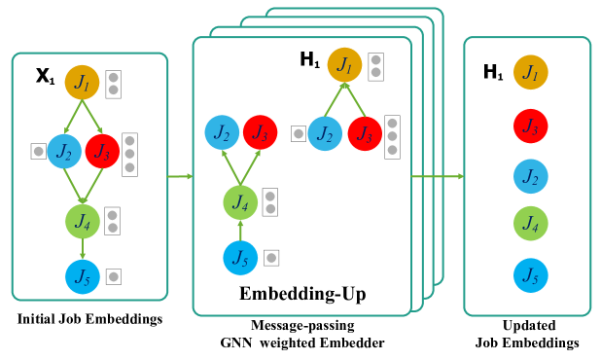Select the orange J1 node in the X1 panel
pos(83,82)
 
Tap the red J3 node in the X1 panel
pos(102,151)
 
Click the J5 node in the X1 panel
pos(83,277)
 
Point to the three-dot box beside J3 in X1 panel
pos(129,154)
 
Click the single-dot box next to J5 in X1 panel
pos(114,276)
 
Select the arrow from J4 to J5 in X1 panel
pos(83,248)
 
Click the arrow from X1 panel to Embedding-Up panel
pos(180,176)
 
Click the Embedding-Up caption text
pos(302,294)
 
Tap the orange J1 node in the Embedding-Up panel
pos(344,65)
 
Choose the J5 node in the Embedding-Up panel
pos(240,258)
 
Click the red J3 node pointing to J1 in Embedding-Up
pos(364,133)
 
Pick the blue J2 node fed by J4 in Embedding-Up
pos(222,132)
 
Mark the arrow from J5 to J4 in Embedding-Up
pos(240,231)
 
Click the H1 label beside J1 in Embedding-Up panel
pos(309,60)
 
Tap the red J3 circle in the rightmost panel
pos(530,126)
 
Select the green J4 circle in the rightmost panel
pos(530,224)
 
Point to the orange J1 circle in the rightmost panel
pos(530,71)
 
